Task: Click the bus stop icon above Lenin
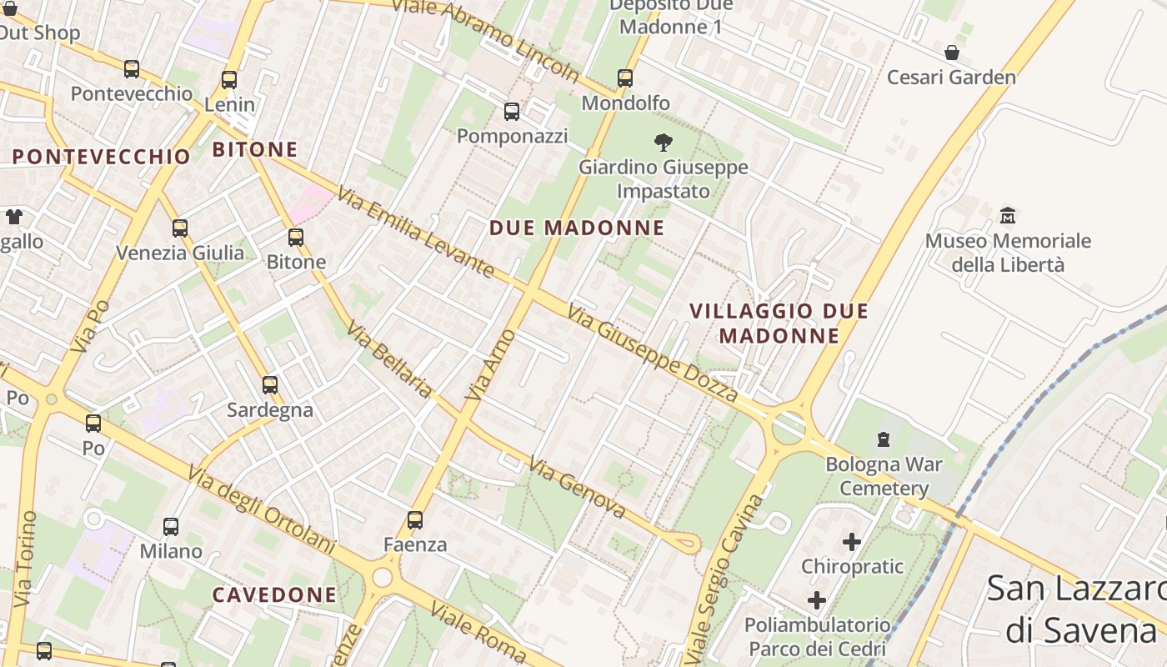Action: point(229,80)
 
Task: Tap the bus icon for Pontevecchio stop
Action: point(132,69)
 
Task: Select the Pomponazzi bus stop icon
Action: point(512,112)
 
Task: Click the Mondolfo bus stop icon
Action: point(625,78)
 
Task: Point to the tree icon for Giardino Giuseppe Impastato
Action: point(664,143)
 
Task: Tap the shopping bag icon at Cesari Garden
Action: point(952,53)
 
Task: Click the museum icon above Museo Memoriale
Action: point(1008,216)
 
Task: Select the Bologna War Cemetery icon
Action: point(883,439)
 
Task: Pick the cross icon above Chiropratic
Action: point(851,542)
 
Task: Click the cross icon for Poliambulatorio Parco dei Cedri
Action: point(817,600)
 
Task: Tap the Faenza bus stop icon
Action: point(415,520)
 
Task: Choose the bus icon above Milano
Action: point(171,527)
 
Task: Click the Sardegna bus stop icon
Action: point(270,385)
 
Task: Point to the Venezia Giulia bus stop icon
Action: point(180,228)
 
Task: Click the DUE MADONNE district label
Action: point(577,228)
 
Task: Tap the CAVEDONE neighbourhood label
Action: point(274,595)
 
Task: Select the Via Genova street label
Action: point(577,488)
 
